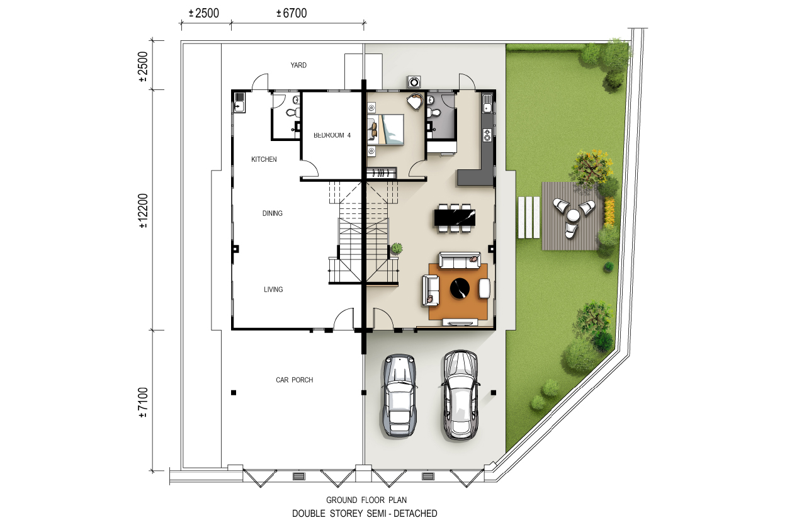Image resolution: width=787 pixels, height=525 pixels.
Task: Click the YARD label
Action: pos(298,65)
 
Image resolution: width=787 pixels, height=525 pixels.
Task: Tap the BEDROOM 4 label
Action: pos(332,135)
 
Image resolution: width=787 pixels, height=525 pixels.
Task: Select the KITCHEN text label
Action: pos(264,159)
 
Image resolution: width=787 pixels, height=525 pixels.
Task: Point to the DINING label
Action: pos(272,213)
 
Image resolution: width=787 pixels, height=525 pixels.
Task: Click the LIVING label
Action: pos(273,290)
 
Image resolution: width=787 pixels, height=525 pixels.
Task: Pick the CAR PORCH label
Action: pos(295,380)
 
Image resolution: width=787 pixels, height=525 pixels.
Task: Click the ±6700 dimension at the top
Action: pos(292,13)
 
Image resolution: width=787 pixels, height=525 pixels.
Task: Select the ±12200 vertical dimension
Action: pos(144,211)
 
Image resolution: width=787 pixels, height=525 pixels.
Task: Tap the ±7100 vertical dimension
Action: pos(144,402)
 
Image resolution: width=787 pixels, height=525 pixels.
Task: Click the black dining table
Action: pos(455,218)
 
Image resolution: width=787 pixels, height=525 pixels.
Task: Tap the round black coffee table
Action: pos(460,289)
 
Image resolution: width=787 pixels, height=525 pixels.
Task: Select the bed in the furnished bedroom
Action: pos(385,129)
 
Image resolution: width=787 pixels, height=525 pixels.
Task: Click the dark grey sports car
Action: pos(399,395)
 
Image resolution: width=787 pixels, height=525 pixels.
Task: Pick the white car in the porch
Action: pos(460,395)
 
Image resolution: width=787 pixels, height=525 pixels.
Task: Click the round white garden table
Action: pos(573,215)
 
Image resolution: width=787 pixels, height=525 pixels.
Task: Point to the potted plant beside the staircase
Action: pos(397,248)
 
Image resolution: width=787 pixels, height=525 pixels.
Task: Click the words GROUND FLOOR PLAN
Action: pos(366,500)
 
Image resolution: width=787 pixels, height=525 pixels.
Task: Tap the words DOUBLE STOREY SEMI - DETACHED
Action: pos(365,514)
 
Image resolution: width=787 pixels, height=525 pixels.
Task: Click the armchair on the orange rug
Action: pos(485,289)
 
